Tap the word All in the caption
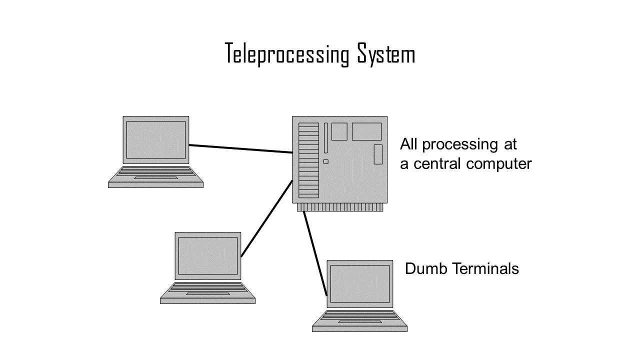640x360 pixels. click(x=409, y=144)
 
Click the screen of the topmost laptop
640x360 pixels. click(x=156, y=140)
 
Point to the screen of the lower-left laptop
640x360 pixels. click(x=208, y=256)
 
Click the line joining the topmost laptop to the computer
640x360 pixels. click(x=240, y=148)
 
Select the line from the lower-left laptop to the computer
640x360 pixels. click(x=266, y=219)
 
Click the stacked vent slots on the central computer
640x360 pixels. click(x=308, y=160)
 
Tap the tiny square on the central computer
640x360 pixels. click(x=326, y=161)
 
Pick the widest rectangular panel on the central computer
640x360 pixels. click(x=366, y=131)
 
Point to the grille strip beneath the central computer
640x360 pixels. click(x=340, y=207)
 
